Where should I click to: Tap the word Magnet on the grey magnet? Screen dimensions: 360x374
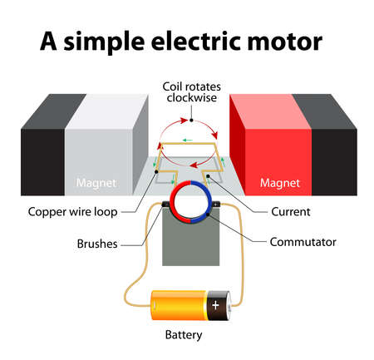[96, 182]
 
